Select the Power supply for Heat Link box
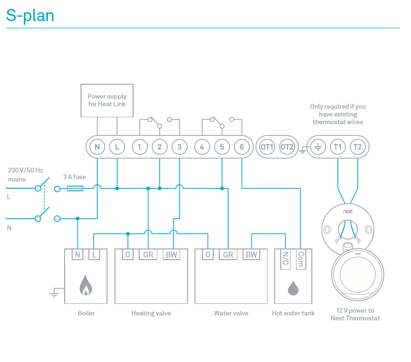point(107,101)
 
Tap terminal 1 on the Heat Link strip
point(139,147)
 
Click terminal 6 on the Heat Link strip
point(242,147)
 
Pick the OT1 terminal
point(267,147)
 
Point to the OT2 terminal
point(287,147)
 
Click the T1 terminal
point(338,147)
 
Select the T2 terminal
point(357,147)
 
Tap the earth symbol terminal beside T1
point(318,147)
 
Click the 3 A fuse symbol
point(75,188)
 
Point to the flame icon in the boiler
point(85,285)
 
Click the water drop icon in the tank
point(293,288)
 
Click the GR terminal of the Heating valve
point(148,255)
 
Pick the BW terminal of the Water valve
point(251,255)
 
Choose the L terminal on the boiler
point(94,255)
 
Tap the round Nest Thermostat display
point(358,275)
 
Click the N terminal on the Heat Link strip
point(97,147)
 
